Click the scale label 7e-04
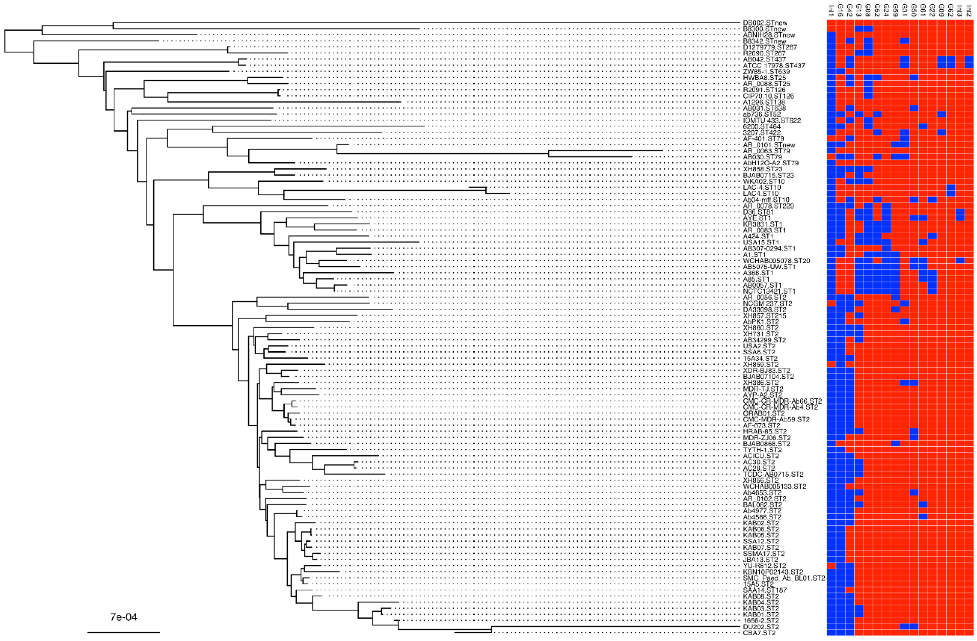tap(123, 617)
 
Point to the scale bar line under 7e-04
tap(123, 632)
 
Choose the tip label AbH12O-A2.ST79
tap(770, 163)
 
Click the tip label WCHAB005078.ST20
tap(776, 260)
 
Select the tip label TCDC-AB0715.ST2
tap(773, 474)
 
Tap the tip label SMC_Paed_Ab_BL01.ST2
tap(784, 578)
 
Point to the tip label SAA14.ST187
tap(765, 590)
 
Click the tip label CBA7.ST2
tap(759, 632)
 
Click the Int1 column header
tap(831, 10)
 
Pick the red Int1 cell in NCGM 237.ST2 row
tap(831, 303)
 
